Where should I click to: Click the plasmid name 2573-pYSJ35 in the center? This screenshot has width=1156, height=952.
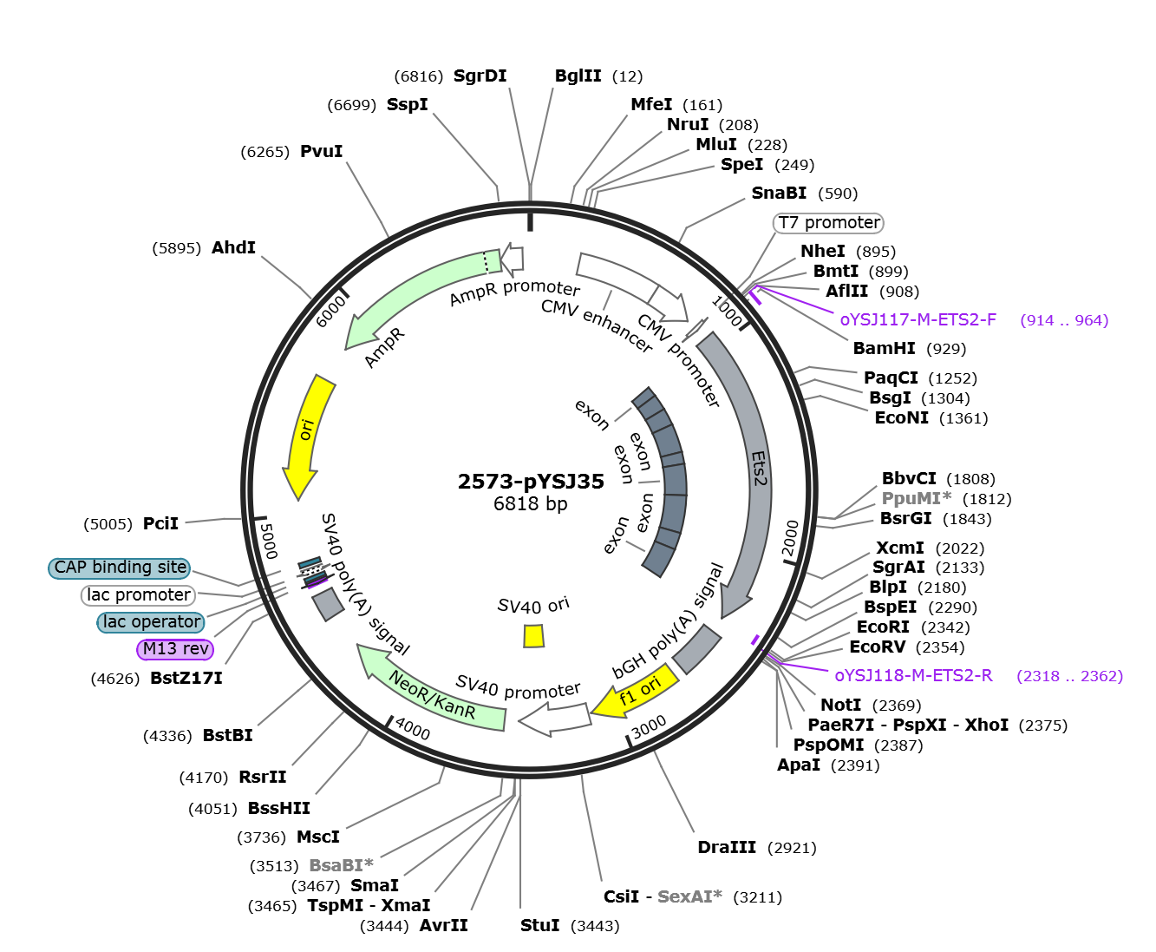[x=531, y=481]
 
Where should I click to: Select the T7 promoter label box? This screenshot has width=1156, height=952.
[x=828, y=223]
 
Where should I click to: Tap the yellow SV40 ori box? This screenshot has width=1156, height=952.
[x=533, y=636]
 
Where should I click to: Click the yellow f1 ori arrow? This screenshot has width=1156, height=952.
[x=636, y=692]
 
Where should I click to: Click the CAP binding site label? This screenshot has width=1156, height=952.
[x=120, y=568]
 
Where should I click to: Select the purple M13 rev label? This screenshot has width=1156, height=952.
[x=175, y=649]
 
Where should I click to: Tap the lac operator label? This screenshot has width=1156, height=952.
[x=151, y=622]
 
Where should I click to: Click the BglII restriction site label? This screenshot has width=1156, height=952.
[x=578, y=76]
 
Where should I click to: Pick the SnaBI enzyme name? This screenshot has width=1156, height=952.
[x=779, y=193]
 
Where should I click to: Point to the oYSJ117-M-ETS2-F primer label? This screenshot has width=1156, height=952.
[x=918, y=319]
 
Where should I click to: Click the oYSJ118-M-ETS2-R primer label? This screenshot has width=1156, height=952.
[x=913, y=676]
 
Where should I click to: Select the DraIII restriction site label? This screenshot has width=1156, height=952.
[x=727, y=847]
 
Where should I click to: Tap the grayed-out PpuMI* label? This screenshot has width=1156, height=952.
[x=917, y=498]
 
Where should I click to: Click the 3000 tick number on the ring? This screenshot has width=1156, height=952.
[x=649, y=727]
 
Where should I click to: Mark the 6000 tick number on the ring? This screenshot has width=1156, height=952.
[x=331, y=312]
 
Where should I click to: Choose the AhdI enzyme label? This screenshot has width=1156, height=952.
[x=233, y=247]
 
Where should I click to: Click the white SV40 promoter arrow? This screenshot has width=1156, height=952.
[x=555, y=719]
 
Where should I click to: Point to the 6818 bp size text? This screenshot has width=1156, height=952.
[x=531, y=503]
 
